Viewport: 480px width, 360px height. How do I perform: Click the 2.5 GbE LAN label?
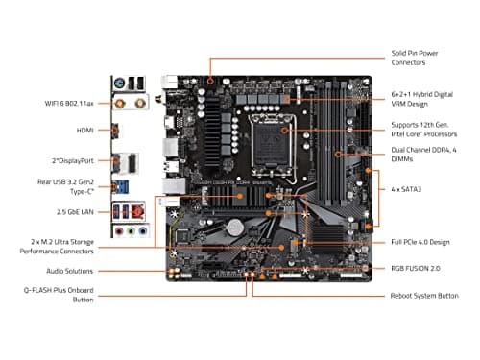click(x=70, y=209)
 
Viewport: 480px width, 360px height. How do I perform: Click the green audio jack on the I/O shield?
click(x=127, y=231)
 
